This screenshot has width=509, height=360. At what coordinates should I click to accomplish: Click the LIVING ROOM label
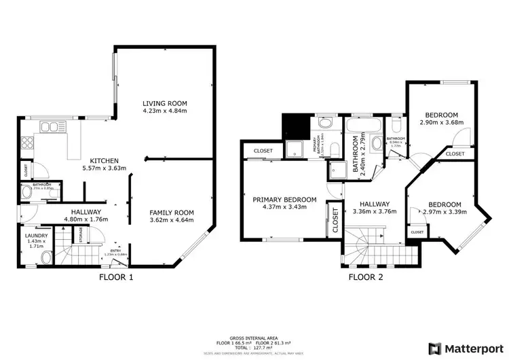(x=164, y=103)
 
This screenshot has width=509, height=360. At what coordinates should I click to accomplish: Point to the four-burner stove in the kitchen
(x=29, y=143)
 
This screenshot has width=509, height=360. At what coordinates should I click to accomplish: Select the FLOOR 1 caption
(x=116, y=276)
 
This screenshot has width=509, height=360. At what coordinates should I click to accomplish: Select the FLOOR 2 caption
(x=366, y=276)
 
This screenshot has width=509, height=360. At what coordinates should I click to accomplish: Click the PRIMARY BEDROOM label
(x=284, y=199)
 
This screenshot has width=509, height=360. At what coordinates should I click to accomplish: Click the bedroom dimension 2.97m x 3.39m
(x=442, y=212)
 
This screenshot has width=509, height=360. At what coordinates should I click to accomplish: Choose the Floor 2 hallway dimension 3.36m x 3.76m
(x=374, y=211)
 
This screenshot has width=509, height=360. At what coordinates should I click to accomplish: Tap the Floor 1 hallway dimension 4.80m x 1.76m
(x=86, y=219)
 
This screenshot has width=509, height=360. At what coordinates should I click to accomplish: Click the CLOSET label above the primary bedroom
(x=263, y=151)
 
